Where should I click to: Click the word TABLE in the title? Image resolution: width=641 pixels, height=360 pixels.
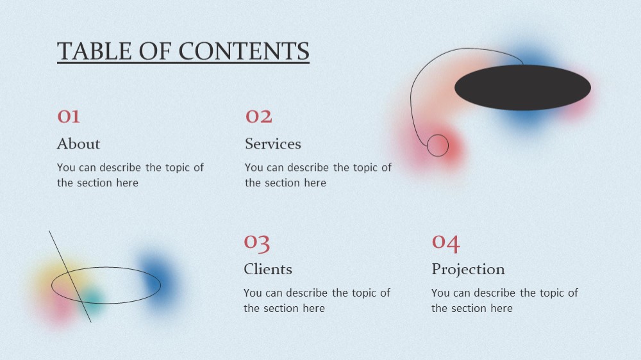(94, 51)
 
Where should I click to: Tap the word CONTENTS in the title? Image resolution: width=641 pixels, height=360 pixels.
(244, 51)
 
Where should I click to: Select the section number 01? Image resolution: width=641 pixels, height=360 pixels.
(69, 117)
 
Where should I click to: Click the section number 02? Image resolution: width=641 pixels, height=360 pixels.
(258, 117)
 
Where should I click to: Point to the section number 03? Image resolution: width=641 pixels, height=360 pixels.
(257, 243)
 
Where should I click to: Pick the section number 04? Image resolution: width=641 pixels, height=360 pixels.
(446, 243)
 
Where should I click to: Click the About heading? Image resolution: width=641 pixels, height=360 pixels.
(78, 144)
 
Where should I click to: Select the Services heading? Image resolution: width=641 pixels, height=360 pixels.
(273, 144)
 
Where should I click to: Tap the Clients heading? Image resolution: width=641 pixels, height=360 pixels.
(268, 269)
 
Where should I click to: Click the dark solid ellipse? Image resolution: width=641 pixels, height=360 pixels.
(522, 88)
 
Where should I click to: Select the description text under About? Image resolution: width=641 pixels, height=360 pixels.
(130, 175)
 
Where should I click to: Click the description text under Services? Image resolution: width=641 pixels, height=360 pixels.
(318, 175)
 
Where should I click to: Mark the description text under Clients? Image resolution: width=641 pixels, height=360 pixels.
(317, 300)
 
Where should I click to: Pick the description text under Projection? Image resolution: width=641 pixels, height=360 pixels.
(504, 300)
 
